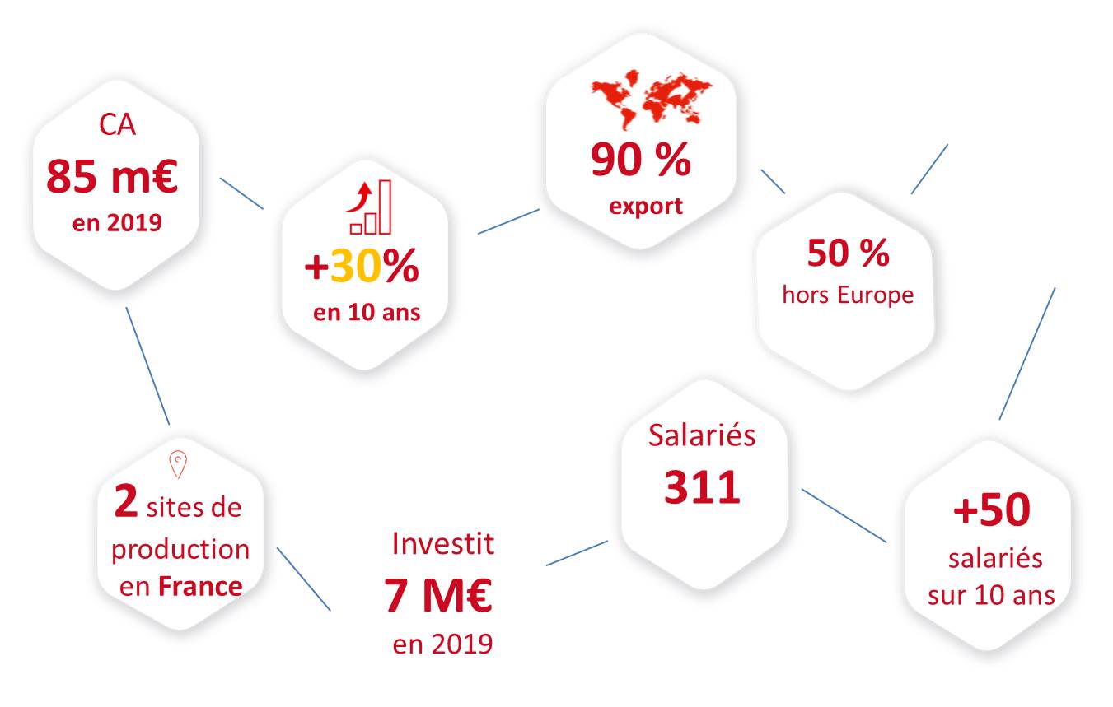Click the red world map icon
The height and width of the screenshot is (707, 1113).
[x=652, y=100]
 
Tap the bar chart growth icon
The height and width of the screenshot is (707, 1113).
[x=370, y=207]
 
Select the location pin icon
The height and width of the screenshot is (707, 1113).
[x=178, y=464]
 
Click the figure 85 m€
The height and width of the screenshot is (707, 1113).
[x=112, y=176]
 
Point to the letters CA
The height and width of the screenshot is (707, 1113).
[x=117, y=124]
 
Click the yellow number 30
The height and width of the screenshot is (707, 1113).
[x=356, y=266]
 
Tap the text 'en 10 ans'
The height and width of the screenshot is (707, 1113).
[x=367, y=312]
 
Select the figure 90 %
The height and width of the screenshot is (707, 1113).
[x=641, y=159]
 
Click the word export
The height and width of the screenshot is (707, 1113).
[x=646, y=206]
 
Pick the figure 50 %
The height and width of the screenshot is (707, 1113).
[x=849, y=253]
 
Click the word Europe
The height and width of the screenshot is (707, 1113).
[x=876, y=295]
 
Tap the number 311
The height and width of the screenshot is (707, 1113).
[x=702, y=487]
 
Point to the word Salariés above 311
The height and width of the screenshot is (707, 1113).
[x=702, y=435]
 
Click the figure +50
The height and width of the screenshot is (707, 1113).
[x=992, y=509]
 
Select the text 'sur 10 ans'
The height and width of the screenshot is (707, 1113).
[x=991, y=595]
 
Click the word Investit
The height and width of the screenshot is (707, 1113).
[x=443, y=543]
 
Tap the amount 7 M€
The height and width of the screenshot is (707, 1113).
[x=438, y=595]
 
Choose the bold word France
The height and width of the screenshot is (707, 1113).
[x=200, y=586]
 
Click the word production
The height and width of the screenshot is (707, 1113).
[x=180, y=550]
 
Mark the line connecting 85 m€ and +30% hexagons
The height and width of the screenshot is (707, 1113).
[x=241, y=193]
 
